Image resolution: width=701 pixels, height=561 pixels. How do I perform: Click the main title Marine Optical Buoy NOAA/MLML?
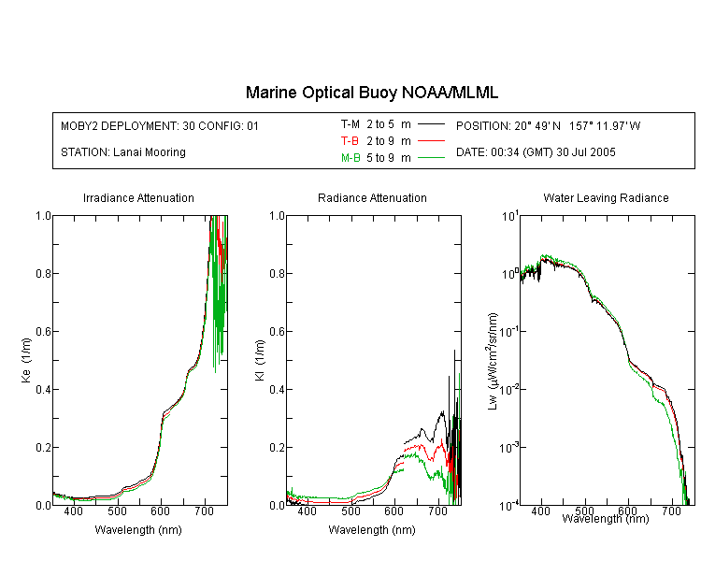click(371, 93)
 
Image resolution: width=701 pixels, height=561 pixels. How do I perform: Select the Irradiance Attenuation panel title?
click(138, 197)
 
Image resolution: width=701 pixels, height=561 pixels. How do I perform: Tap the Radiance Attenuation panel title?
click(372, 197)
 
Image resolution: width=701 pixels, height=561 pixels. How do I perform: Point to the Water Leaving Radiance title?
click(606, 197)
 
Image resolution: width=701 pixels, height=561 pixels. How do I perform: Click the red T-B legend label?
click(350, 141)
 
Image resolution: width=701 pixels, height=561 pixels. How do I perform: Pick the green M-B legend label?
click(350, 158)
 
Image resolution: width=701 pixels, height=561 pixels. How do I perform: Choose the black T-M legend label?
click(350, 124)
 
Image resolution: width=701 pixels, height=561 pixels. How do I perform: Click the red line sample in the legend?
click(431, 141)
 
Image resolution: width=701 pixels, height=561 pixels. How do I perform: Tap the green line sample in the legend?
click(431, 157)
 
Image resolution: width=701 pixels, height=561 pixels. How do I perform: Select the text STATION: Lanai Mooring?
click(123, 152)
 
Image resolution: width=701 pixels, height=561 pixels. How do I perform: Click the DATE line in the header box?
click(536, 152)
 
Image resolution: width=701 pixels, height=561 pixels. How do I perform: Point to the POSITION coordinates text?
click(548, 125)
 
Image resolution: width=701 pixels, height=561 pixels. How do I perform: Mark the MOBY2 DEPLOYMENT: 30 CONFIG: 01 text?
click(160, 125)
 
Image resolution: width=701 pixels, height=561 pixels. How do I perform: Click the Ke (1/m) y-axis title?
click(26, 360)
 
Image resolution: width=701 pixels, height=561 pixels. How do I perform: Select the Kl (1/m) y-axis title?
click(260, 360)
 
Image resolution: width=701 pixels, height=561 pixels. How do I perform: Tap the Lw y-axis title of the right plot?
click(493, 361)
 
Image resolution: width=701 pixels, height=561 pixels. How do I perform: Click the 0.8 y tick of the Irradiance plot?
click(43, 273)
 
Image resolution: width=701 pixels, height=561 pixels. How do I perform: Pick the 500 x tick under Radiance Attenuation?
click(350, 511)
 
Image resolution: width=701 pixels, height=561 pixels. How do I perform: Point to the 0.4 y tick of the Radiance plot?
click(277, 390)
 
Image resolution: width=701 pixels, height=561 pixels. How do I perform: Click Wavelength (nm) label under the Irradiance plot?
click(138, 530)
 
